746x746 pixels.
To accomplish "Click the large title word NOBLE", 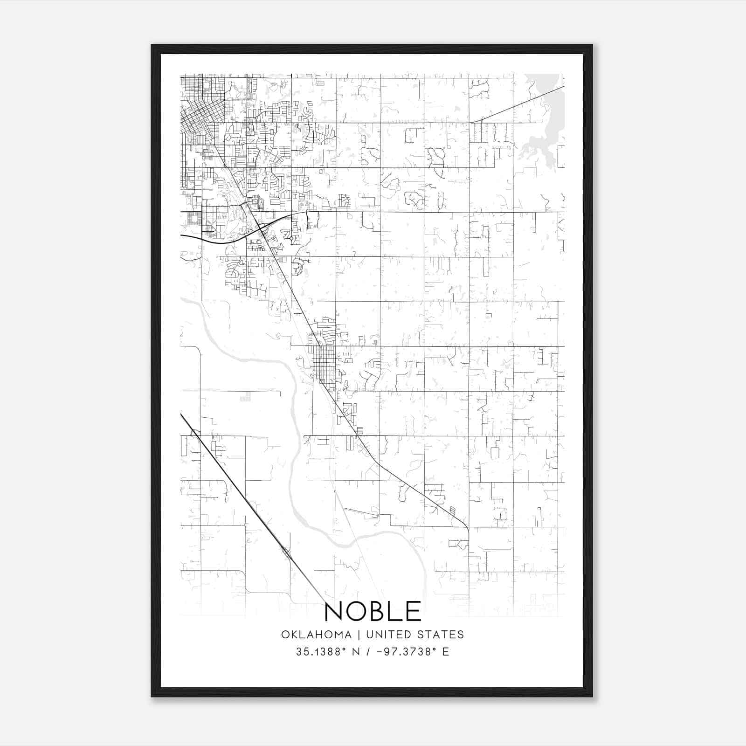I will (x=373, y=611).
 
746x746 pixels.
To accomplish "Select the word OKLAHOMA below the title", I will (x=316, y=635).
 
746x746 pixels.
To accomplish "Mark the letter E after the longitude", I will (x=446, y=651).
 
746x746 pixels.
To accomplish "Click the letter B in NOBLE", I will (x=381, y=611).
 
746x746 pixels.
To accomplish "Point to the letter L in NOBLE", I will (x=399, y=611).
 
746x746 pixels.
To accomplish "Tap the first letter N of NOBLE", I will (x=334, y=611).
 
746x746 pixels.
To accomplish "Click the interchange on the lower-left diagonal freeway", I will (x=286, y=553).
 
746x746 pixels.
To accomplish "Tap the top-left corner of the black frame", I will (x=152, y=46).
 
